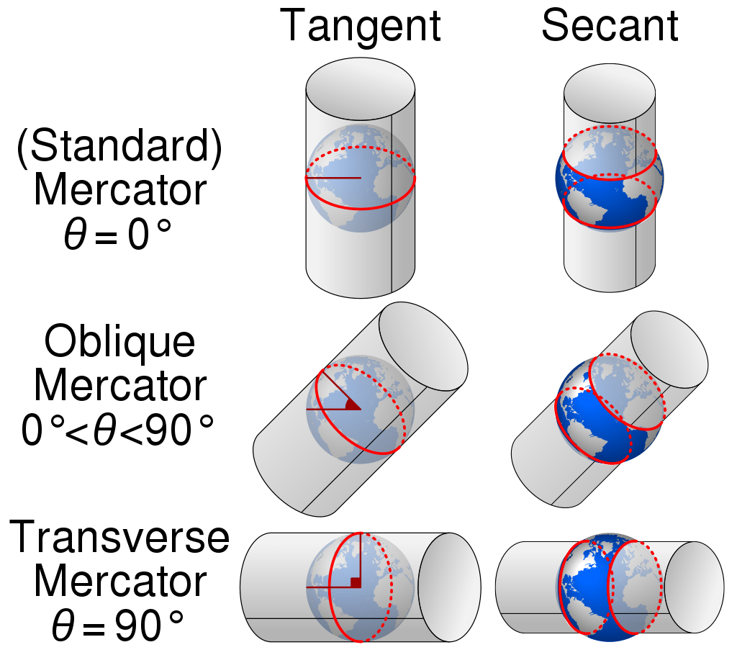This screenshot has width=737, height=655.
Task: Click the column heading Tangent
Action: (360, 27)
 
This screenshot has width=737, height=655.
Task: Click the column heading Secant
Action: (610, 27)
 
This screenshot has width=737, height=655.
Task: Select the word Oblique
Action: (119, 343)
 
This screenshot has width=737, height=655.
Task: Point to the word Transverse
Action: (119, 538)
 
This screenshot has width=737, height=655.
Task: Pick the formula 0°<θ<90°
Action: (119, 431)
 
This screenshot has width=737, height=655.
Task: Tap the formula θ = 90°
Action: (119, 625)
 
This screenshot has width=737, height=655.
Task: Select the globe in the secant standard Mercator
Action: (610, 179)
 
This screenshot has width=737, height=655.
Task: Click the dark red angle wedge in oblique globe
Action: (352, 405)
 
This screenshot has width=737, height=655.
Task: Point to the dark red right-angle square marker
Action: (355, 582)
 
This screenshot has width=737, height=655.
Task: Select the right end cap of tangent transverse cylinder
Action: (449, 587)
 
